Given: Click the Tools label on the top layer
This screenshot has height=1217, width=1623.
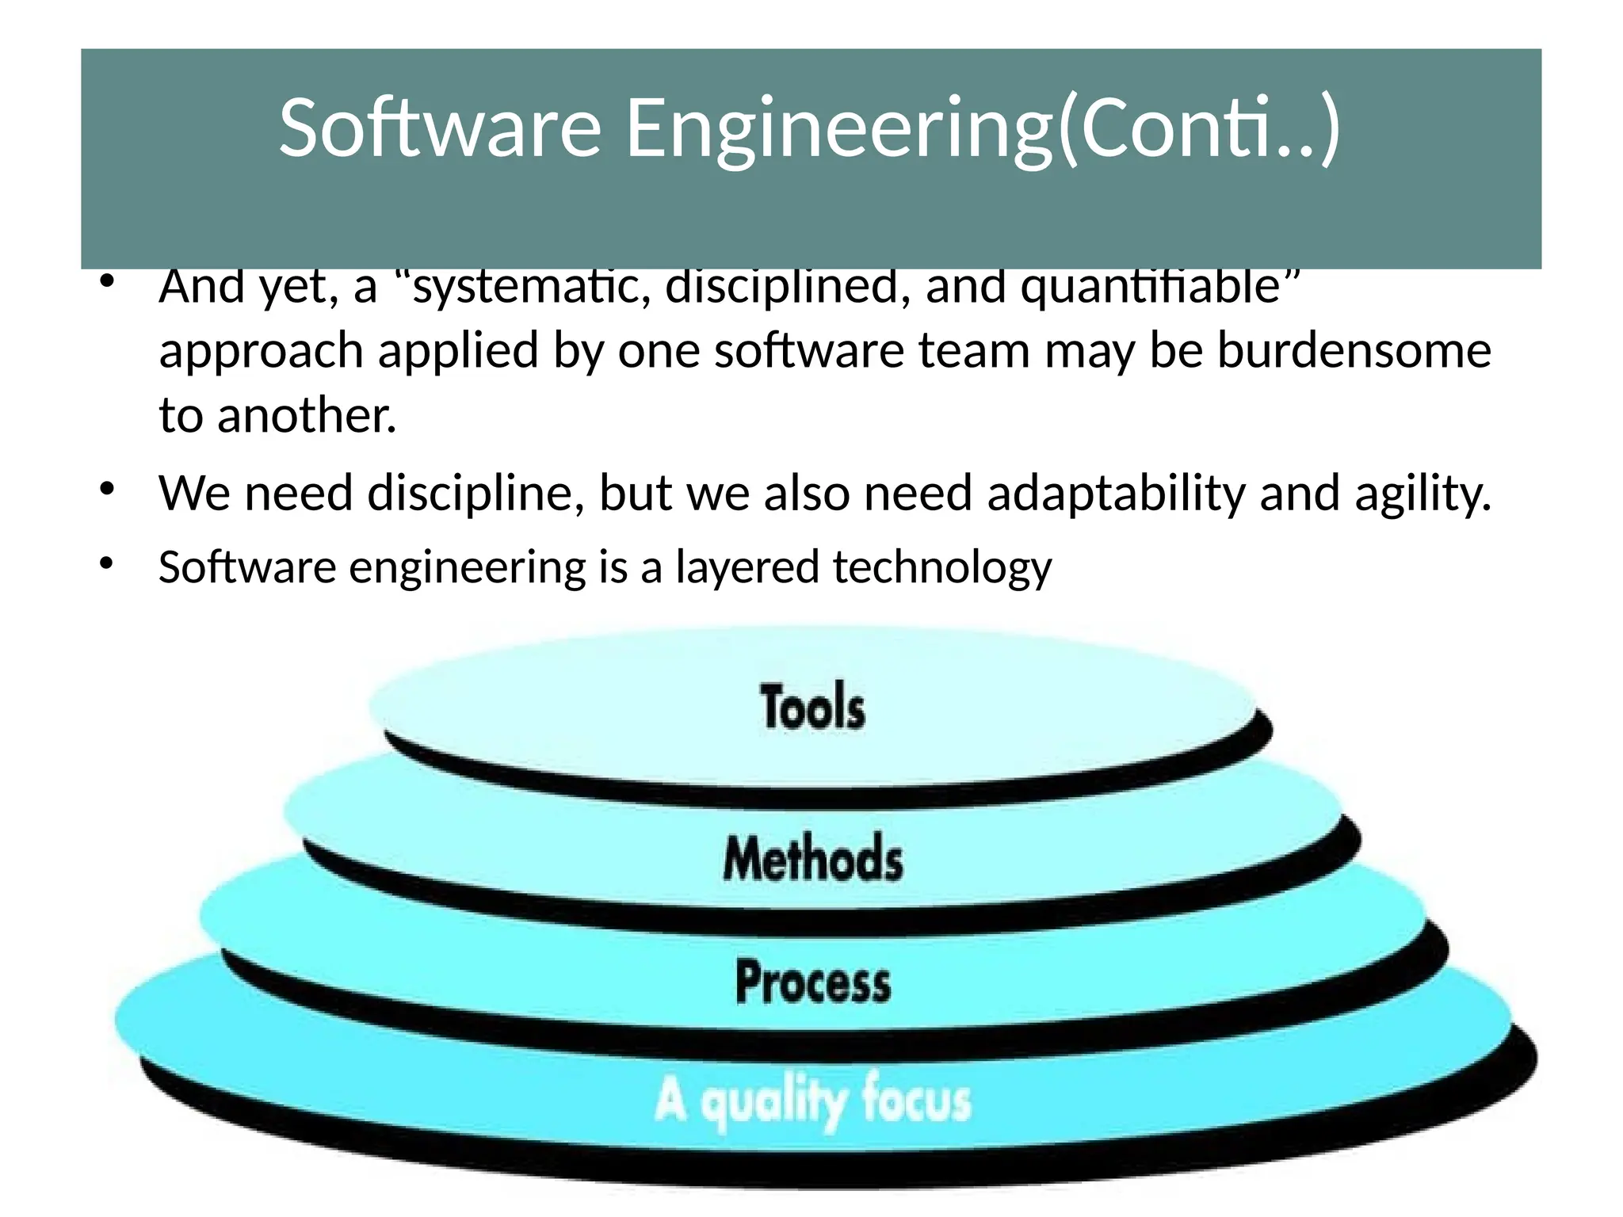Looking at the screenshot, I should (x=812, y=707).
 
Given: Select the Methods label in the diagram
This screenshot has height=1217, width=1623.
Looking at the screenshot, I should (x=813, y=859).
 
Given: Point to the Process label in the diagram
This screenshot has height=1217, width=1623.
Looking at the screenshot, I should (x=813, y=982).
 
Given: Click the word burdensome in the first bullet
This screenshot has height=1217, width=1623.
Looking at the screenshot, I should (x=1354, y=350).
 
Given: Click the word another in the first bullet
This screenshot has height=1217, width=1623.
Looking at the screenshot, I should (x=306, y=415).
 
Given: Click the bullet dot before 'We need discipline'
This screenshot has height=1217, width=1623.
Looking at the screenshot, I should (x=108, y=490).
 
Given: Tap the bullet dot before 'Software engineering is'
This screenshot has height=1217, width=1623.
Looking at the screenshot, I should (x=108, y=564).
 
